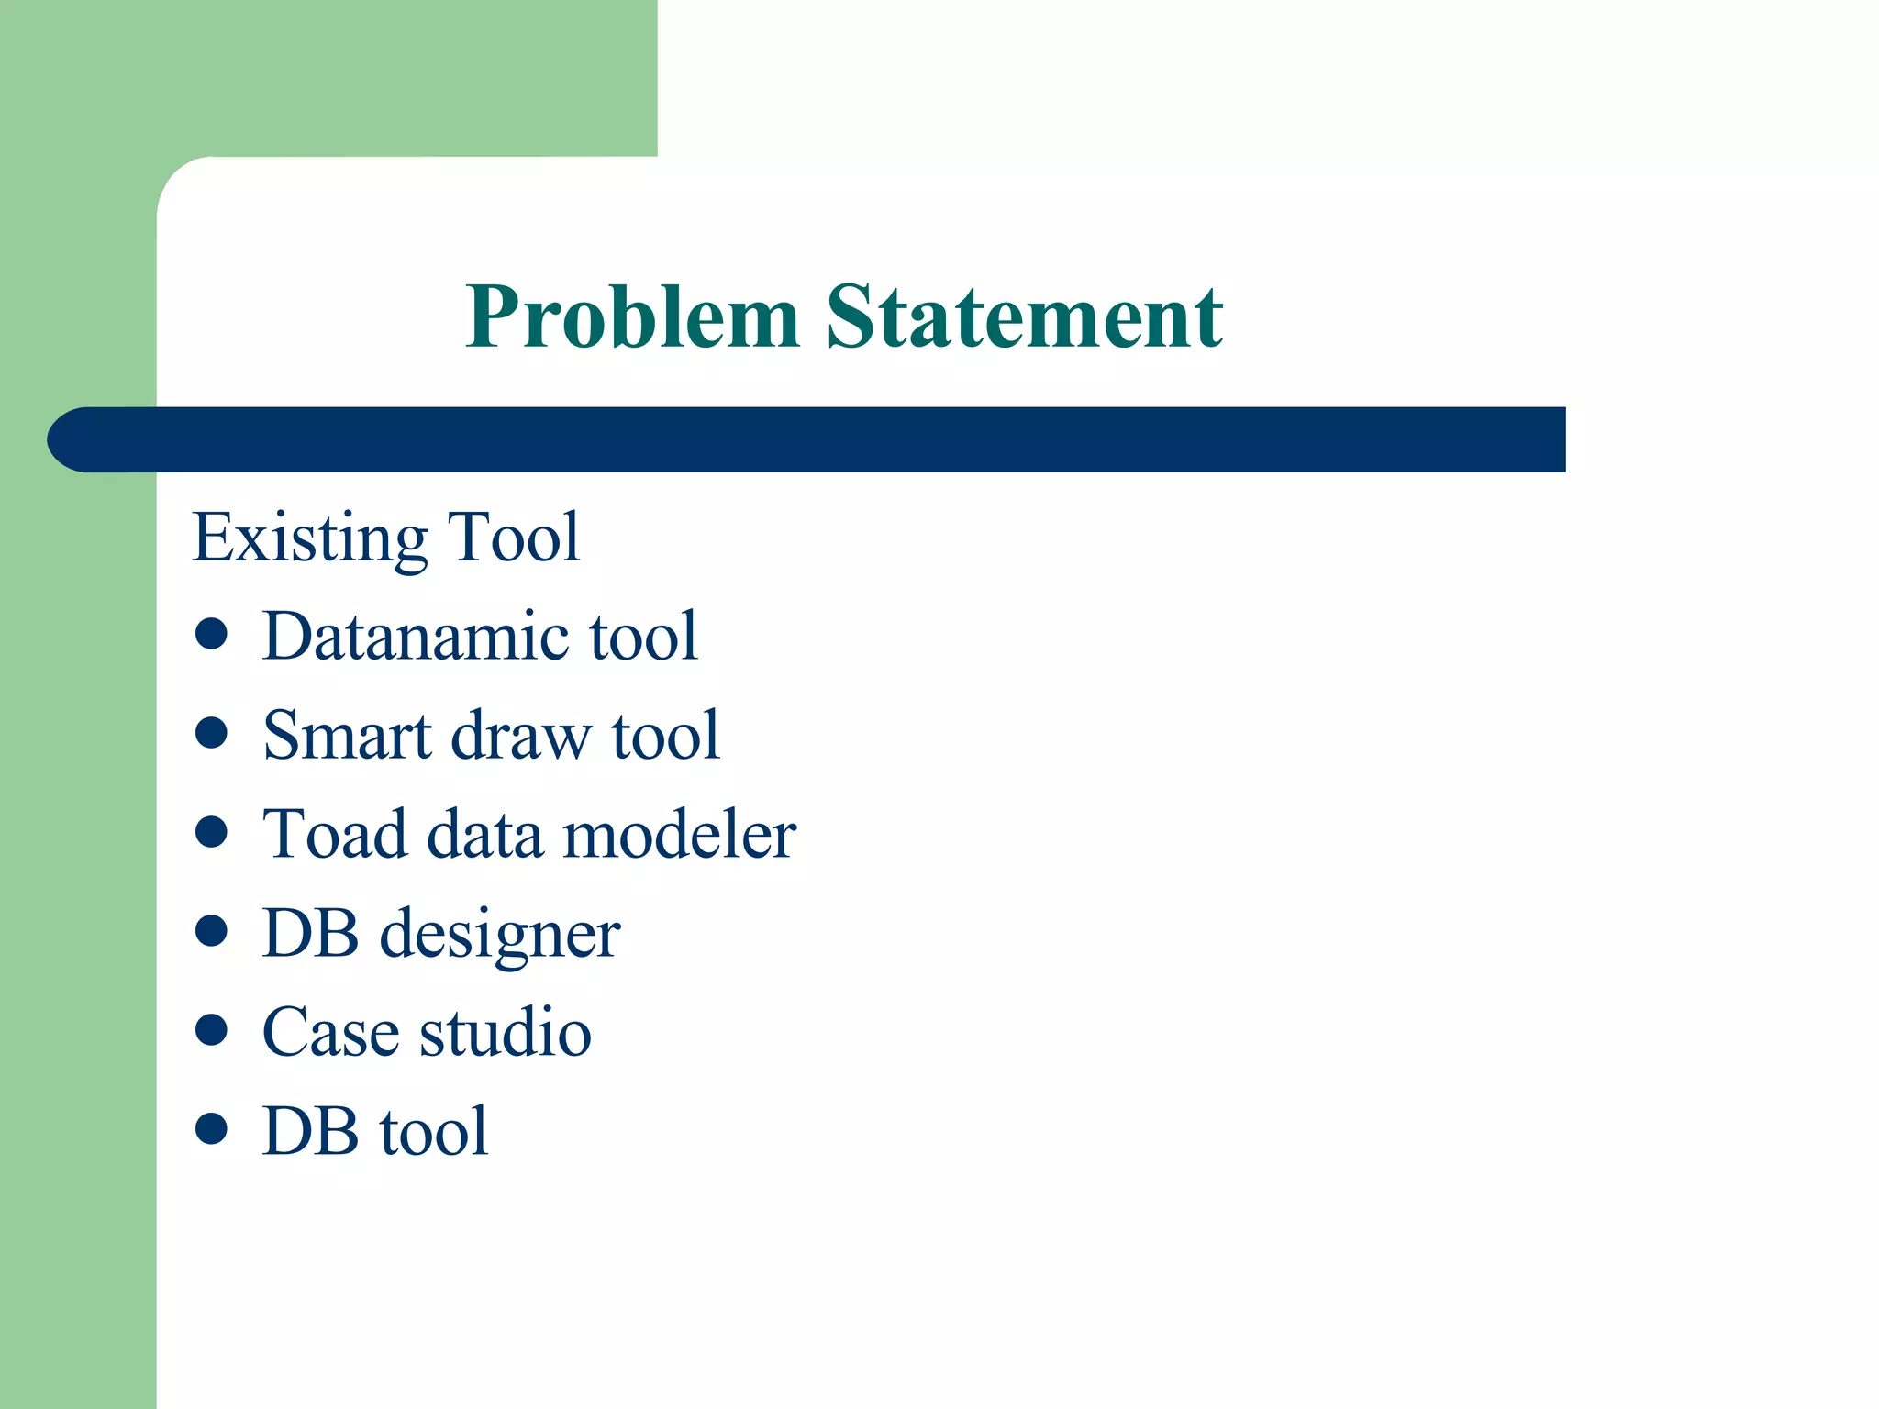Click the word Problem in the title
coord(632,318)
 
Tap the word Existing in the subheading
coord(310,538)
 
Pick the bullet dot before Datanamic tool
coord(211,634)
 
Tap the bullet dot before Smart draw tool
coord(211,733)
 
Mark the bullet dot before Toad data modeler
coord(211,832)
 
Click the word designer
coord(500,936)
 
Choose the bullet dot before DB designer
coord(211,931)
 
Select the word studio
coord(505,1033)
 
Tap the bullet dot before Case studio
coord(211,1029)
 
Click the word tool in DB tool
coord(434,1132)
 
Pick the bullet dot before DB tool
coord(211,1128)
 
